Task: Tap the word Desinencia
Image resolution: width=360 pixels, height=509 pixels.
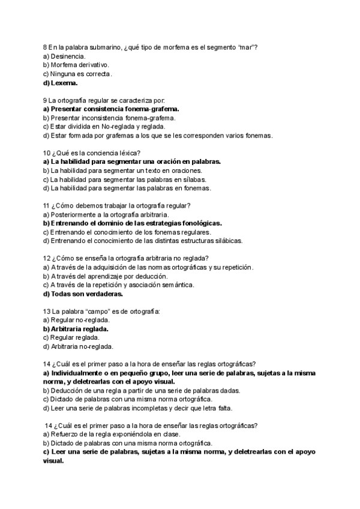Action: pos(68,56)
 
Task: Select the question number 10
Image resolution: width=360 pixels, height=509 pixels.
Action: pos(47,153)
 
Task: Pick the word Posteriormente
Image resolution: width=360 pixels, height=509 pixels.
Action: pos(76,215)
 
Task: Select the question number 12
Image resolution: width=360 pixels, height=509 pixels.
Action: pos(47,259)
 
